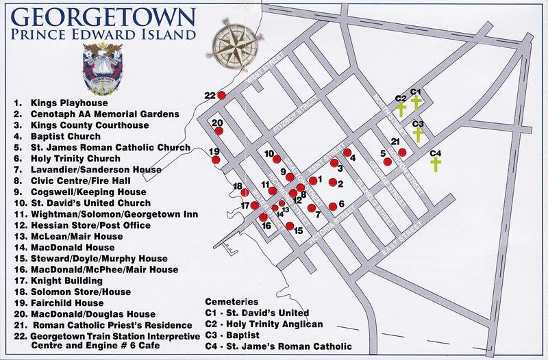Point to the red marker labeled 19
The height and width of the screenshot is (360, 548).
(x=216, y=160)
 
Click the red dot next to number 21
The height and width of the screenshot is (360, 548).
(x=402, y=152)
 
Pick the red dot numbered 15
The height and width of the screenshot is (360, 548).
(x=290, y=226)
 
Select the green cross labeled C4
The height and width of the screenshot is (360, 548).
(x=435, y=164)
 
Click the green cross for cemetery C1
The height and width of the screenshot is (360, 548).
(x=415, y=103)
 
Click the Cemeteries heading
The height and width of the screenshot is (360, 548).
(x=232, y=302)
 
